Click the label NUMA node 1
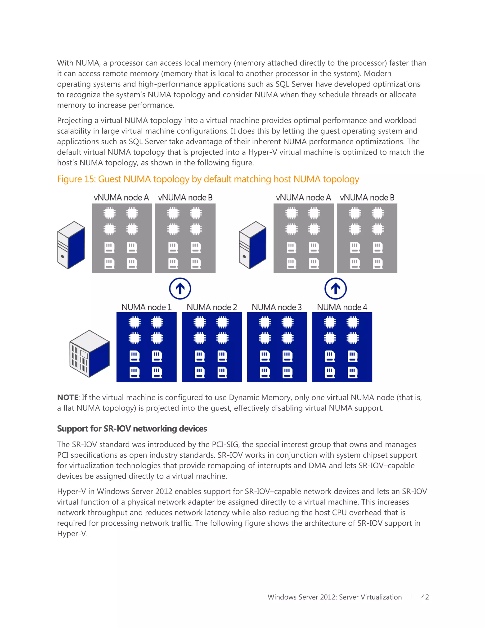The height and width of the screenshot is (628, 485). [x=146, y=307]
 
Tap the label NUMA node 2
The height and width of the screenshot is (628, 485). [x=212, y=307]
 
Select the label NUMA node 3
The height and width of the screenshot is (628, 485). [x=277, y=307]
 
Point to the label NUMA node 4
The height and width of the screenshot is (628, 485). [x=342, y=307]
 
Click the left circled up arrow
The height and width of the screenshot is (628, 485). [x=180, y=288]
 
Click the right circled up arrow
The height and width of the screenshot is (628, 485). [x=336, y=288]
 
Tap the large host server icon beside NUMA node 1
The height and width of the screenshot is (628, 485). [x=89, y=353]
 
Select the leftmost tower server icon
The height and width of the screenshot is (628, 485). [x=71, y=245]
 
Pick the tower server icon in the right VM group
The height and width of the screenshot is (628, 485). [x=252, y=245]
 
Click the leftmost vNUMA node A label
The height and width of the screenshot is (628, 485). [x=121, y=198]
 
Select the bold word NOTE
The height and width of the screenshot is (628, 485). [x=67, y=397]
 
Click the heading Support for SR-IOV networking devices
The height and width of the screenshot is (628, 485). [x=132, y=428]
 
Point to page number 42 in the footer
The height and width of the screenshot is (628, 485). [x=425, y=597]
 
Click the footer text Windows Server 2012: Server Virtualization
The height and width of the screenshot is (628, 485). [x=334, y=597]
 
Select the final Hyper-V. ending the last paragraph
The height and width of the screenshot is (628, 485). [x=72, y=534]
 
